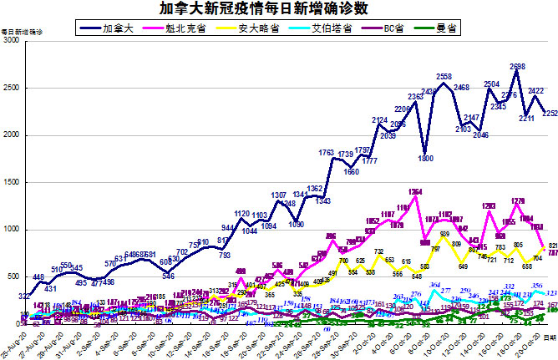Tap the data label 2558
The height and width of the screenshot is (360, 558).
pyautogui.click(x=444, y=77)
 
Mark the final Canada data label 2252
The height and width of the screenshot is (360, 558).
pyautogui.click(x=549, y=114)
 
